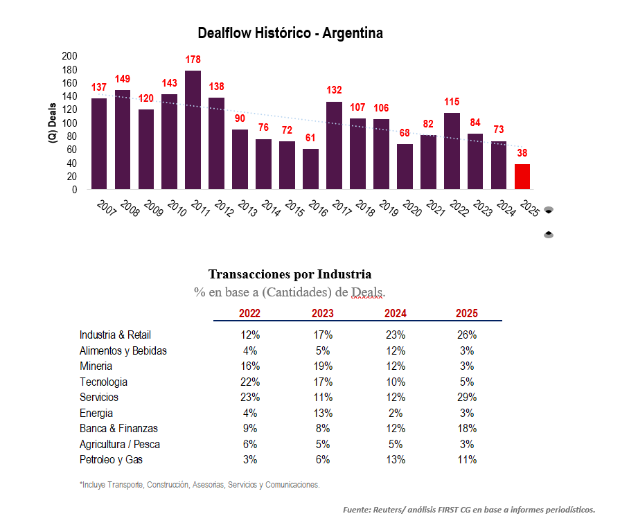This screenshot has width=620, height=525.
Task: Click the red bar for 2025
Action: click(x=522, y=177)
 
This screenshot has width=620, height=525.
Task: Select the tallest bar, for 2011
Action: click(x=193, y=130)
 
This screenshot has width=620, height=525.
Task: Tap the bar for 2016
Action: click(x=310, y=169)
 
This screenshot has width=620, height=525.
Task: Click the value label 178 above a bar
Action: click(x=193, y=60)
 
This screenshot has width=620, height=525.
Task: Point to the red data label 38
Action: click(x=522, y=153)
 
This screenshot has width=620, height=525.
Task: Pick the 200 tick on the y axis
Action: click(x=70, y=56)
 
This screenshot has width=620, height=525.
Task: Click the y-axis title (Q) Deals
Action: click(x=53, y=123)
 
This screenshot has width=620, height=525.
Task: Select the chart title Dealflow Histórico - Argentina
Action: click(x=290, y=33)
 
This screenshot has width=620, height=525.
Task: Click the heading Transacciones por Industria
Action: click(x=290, y=274)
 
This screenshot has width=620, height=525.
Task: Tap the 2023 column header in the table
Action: click(x=323, y=313)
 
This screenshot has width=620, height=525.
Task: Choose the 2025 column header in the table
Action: click(x=467, y=313)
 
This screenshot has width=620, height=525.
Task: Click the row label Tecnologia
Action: click(x=103, y=382)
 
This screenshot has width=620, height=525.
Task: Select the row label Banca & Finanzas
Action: click(x=118, y=429)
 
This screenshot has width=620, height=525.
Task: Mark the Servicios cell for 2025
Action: click(x=467, y=398)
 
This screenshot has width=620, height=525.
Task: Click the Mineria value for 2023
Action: click(x=323, y=366)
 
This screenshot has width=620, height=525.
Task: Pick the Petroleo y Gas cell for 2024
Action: click(x=395, y=460)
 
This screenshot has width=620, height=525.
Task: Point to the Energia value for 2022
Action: click(x=250, y=413)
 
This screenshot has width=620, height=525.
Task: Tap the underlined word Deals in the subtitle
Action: click(x=367, y=292)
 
